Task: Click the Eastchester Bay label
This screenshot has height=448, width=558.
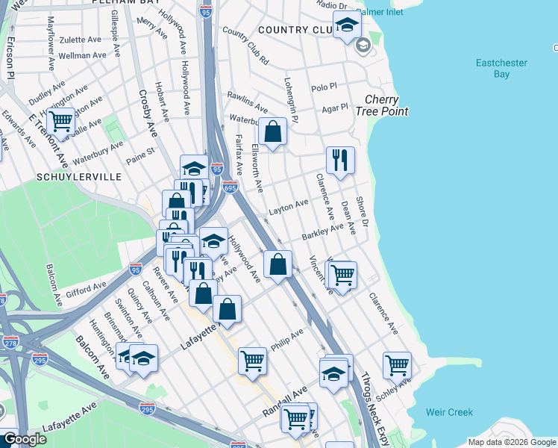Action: point(501,69)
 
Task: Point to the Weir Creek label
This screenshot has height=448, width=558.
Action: point(449,412)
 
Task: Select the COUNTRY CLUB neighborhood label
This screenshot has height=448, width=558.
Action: point(293,30)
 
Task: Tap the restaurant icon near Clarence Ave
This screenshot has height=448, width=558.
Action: point(340,160)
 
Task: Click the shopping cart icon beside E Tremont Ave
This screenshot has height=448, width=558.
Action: point(60,121)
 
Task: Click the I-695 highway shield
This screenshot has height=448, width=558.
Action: point(230,187)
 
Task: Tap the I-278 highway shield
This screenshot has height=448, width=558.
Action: point(10,343)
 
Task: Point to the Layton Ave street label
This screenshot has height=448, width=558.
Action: point(289,207)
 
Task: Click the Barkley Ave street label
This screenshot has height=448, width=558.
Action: point(322,231)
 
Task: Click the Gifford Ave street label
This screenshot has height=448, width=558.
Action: point(83,287)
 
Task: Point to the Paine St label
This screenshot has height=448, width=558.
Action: point(139,155)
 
